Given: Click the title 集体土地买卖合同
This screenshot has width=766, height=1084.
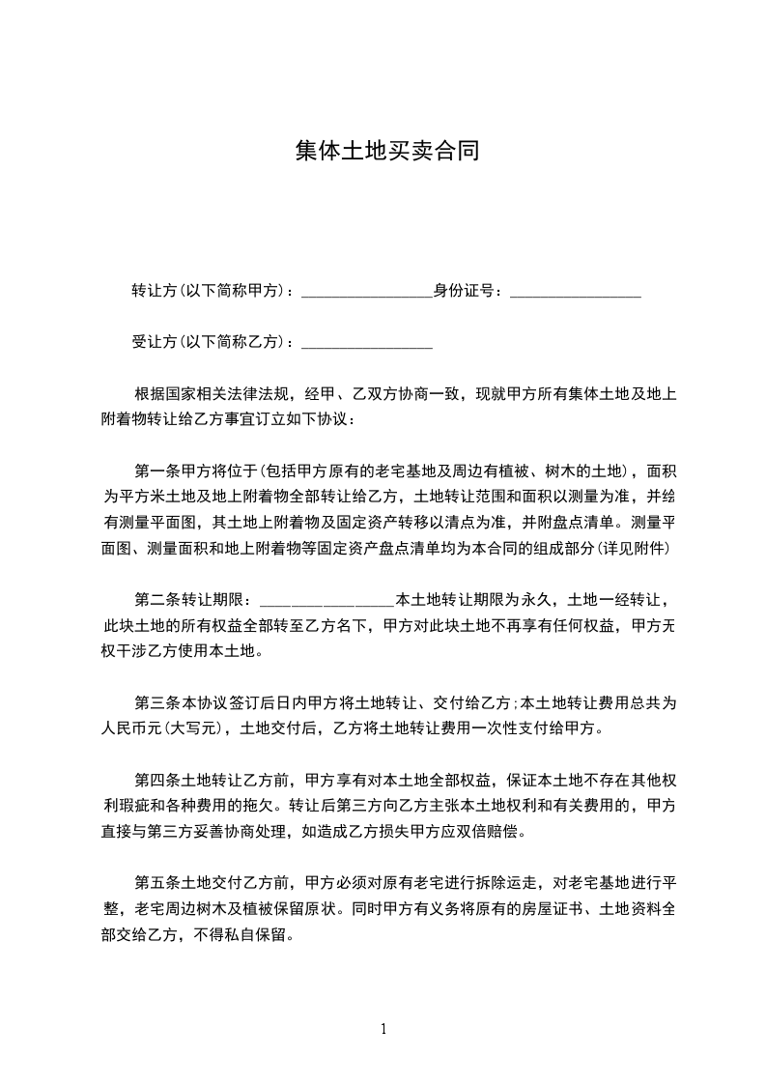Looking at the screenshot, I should (386, 152).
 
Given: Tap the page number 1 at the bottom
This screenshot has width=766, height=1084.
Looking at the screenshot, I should (383, 1029).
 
